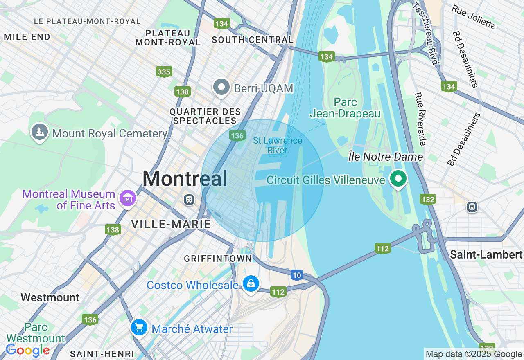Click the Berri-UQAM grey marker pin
pyautogui.click(x=221, y=87)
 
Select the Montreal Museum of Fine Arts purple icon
pyautogui.click(x=127, y=198)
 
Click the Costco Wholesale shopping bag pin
pyautogui.click(x=251, y=283)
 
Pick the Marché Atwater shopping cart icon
pyautogui.click(x=139, y=328)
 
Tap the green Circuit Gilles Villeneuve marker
pyautogui.click(x=398, y=179)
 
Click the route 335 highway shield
pyautogui.click(x=164, y=72)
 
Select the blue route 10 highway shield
pyautogui.click(x=297, y=275)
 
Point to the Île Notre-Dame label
pyautogui.click(x=385, y=157)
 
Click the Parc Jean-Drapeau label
pyautogui.click(x=345, y=108)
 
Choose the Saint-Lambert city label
pyautogui.click(x=486, y=254)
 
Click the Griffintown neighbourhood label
pyautogui.click(x=218, y=259)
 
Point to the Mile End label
pyautogui.click(x=27, y=37)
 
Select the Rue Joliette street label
pyautogui.click(x=474, y=17)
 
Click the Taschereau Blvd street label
pyautogui.click(x=426, y=33)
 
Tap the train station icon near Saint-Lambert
pyautogui.click(x=472, y=207)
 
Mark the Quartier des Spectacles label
pyautogui.click(x=205, y=116)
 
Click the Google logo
pyautogui.click(x=27, y=350)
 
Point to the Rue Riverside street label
pyautogui.click(x=420, y=119)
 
